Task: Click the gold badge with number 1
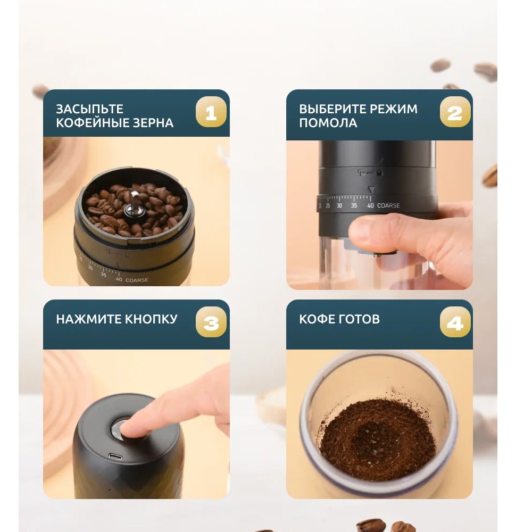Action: [x=211, y=112]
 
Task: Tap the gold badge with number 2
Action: [x=455, y=112]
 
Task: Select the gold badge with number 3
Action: [x=211, y=322]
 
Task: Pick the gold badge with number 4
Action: [x=455, y=322]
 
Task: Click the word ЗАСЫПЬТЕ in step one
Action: [x=89, y=109]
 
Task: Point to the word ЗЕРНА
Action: [x=153, y=123]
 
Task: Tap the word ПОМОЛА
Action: [x=328, y=123]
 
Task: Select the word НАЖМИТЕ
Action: [x=89, y=319]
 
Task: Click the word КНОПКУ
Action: [x=151, y=319]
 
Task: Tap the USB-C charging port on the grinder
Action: [x=115, y=456]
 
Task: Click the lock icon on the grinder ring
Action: [x=379, y=173]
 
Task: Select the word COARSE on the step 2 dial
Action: [x=388, y=205]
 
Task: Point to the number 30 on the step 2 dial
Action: [x=339, y=205]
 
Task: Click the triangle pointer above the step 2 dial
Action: [x=371, y=189]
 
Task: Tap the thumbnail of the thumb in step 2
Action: [x=360, y=230]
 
